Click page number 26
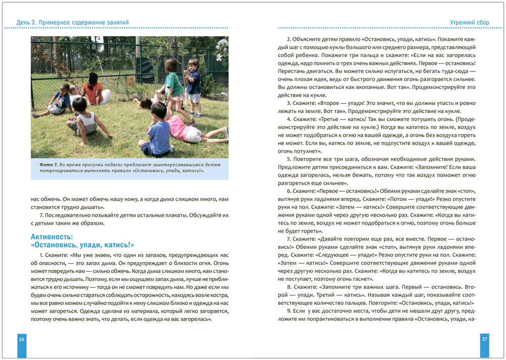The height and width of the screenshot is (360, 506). tap(22, 339)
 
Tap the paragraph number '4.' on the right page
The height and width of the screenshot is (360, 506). tap(289, 119)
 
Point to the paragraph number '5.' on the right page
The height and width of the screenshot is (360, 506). tap(289, 159)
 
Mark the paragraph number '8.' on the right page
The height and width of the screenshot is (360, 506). tap(289, 287)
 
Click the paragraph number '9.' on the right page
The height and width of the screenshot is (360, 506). tap(289, 310)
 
